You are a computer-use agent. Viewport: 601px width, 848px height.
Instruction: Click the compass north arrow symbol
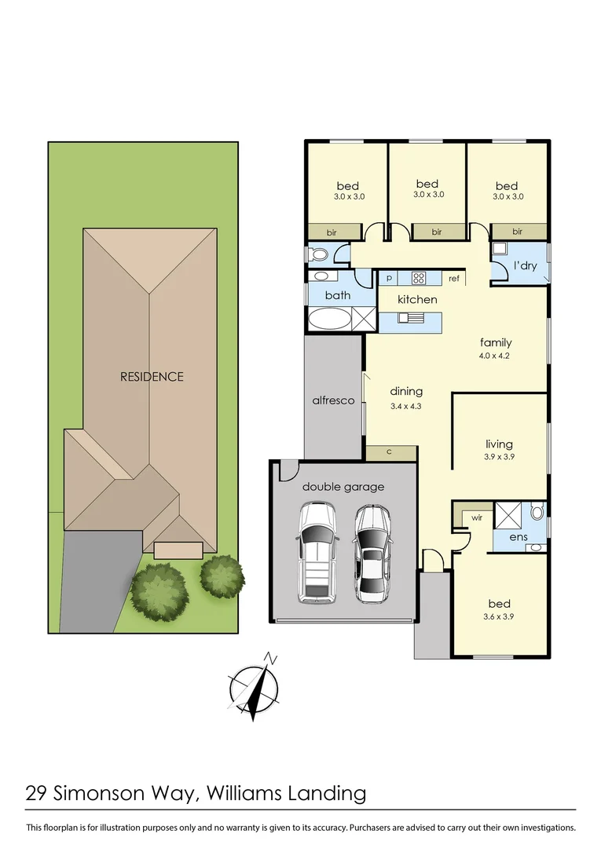pos(255,687)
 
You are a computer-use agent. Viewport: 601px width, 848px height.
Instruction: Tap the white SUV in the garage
pos(317,553)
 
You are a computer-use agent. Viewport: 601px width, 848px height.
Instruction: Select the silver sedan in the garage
pos(372,554)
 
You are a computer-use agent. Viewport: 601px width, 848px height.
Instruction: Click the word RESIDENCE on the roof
pos(152,376)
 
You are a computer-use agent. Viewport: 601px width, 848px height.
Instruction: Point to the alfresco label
pos(334,400)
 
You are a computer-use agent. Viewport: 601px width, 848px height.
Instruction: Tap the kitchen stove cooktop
pos(418,278)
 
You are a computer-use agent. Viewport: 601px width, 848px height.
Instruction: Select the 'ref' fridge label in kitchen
pos(454,279)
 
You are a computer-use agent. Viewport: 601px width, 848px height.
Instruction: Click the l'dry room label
pos(526,265)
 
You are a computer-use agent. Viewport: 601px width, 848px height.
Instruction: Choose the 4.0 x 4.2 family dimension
pos(496,356)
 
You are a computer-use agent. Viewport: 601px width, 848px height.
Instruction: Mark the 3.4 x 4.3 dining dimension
pos(406,406)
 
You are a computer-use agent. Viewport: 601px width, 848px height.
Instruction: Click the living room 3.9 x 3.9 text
pos(499,456)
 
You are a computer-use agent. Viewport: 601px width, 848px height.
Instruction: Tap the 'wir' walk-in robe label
pos(476,517)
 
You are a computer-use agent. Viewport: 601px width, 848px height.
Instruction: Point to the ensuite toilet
pos(537,512)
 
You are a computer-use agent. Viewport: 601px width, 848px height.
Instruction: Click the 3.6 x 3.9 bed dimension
pos(499,617)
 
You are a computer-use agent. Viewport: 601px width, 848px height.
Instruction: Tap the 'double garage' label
pos(344,487)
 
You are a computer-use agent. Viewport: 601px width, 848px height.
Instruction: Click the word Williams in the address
pos(240,793)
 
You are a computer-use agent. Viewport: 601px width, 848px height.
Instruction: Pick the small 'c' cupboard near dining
pos(390,451)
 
